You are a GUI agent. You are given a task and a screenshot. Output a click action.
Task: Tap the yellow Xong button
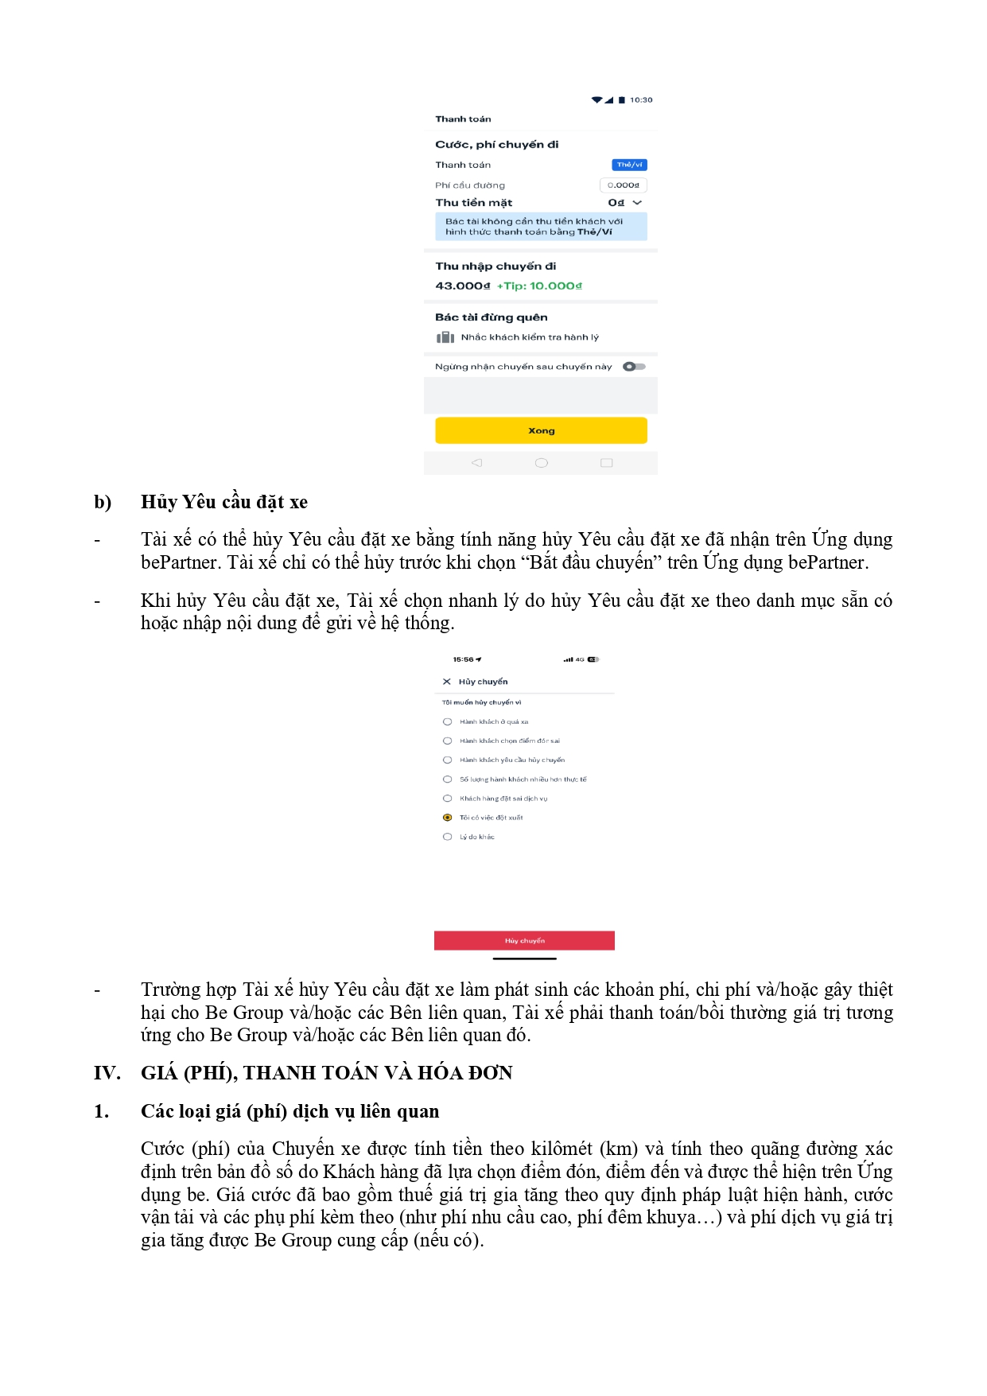tap(541, 430)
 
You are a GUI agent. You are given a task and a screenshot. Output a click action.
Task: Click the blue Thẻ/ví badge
tap(629, 165)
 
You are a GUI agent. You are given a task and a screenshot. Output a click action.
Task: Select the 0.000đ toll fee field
tap(623, 185)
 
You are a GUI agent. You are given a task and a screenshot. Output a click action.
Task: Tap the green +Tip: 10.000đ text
tap(539, 286)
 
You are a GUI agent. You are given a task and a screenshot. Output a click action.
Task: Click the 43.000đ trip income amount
tap(463, 286)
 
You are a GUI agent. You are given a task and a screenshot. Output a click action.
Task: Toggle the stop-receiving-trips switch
tap(634, 367)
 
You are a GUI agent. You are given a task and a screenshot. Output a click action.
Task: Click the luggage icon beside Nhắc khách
tap(445, 337)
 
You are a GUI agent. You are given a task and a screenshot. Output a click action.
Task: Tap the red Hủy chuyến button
tap(524, 940)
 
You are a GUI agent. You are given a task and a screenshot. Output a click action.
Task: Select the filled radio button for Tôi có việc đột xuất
tap(447, 818)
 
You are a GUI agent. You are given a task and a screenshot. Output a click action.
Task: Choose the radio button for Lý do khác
tap(447, 837)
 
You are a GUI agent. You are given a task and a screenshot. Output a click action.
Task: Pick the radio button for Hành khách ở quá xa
tap(447, 722)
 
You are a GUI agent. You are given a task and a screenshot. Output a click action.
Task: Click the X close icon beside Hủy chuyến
tap(447, 682)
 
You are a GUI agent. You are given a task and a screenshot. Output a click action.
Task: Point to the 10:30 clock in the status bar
tap(641, 100)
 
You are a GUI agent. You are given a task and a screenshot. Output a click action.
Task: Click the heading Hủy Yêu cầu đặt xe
tap(224, 502)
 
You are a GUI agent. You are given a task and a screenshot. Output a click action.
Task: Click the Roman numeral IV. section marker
tap(107, 1073)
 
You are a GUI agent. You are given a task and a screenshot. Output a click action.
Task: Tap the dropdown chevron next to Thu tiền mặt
tap(637, 203)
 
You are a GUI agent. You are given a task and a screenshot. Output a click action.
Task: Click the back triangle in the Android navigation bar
tap(476, 462)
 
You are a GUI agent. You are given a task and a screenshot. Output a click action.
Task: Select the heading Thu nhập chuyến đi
tap(495, 266)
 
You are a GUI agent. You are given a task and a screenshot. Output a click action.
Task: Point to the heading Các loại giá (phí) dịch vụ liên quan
tap(289, 1111)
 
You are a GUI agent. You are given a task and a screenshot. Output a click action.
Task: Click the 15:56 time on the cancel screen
tap(464, 659)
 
